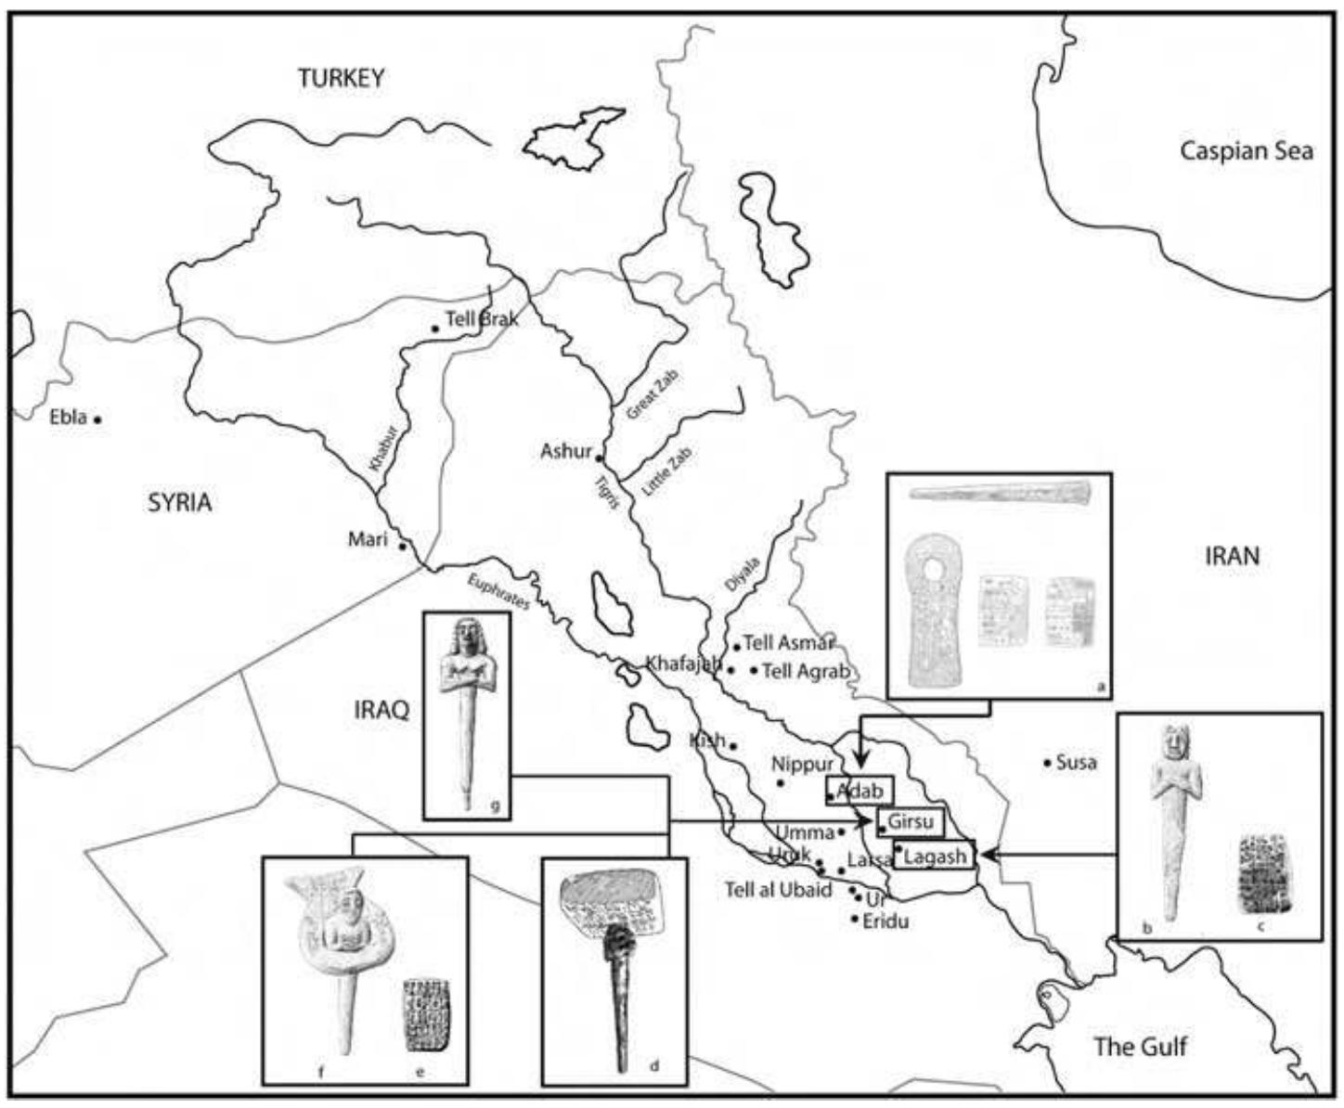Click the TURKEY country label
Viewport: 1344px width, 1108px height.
tap(341, 78)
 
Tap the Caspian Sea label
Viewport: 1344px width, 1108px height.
tap(1246, 151)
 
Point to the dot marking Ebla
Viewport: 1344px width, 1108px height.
tap(97, 419)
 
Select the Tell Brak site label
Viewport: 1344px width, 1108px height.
tap(482, 318)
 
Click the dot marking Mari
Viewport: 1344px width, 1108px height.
tap(402, 546)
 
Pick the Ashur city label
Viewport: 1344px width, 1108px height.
tap(565, 452)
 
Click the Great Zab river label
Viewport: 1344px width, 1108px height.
tap(653, 394)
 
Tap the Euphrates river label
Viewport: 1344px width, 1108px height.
tap(499, 591)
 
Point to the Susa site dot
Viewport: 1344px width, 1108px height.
tap(1047, 763)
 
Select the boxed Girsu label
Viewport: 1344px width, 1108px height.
tap(910, 822)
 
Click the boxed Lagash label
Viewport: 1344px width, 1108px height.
tap(935, 856)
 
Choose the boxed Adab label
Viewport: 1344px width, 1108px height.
tap(859, 792)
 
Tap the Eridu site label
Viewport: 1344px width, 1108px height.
tap(885, 921)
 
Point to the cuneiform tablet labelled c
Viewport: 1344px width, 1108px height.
tap(1264, 872)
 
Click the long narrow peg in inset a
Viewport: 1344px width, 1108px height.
tap(1000, 492)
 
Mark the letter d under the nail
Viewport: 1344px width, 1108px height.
tap(653, 1066)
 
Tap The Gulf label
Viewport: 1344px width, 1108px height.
tap(1140, 1047)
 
